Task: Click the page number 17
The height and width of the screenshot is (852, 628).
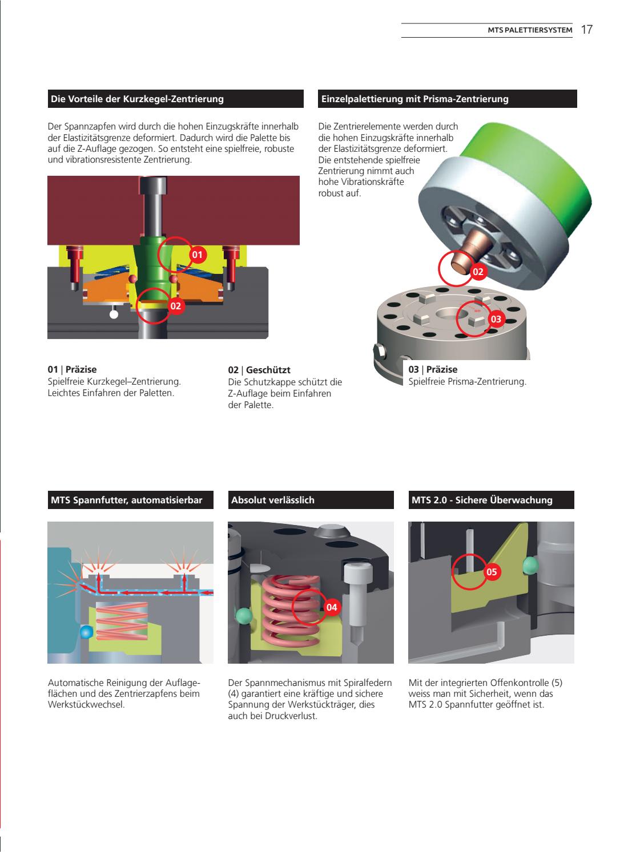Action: coord(587,30)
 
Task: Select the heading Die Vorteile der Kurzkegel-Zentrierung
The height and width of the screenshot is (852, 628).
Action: coord(138,99)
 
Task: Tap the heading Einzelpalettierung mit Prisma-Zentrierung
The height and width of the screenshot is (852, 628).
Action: coord(415,99)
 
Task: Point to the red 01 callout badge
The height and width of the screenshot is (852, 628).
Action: coord(197,255)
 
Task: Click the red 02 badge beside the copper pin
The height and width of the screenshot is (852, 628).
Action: coord(478,272)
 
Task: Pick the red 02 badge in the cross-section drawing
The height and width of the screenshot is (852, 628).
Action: coord(175,306)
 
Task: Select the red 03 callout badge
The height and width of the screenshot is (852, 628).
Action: coord(495,319)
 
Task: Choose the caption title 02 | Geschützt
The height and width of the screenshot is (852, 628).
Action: coord(259,370)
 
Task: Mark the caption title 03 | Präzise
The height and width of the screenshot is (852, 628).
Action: coord(433,370)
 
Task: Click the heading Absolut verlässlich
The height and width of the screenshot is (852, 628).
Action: coord(273,500)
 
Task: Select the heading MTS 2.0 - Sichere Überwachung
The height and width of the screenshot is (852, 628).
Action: coord(482,500)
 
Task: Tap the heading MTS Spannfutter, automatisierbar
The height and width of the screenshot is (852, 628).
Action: coord(127,500)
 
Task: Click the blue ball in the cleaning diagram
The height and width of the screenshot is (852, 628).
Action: coord(86,632)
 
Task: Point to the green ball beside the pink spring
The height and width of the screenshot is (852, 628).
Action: coord(243,616)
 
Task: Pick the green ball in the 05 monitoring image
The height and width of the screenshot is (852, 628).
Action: coord(531,566)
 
